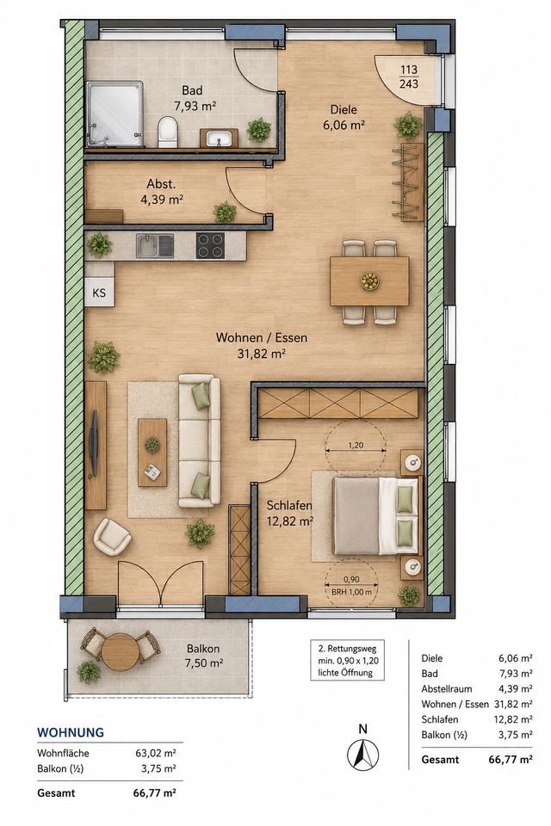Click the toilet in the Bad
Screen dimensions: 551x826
[x=168, y=133]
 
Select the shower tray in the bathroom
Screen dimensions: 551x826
[x=115, y=114]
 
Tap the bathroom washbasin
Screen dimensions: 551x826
[x=219, y=139]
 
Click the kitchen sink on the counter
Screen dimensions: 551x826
[x=155, y=245]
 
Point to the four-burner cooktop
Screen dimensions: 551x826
[x=210, y=245]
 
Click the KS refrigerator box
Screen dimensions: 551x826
[x=99, y=293]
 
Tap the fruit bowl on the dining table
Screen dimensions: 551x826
[x=369, y=280]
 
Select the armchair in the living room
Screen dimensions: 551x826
[x=112, y=536]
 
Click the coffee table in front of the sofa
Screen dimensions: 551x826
[x=152, y=453]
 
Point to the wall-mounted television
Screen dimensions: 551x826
[x=94, y=444]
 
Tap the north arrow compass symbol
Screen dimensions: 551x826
[x=362, y=755]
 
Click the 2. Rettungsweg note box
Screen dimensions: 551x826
[x=347, y=660]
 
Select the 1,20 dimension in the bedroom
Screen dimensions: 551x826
[x=356, y=445]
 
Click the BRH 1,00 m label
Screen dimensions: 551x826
[x=351, y=592]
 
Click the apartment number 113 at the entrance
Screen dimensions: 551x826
[x=409, y=69]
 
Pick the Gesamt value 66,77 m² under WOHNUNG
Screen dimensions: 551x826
[x=156, y=792]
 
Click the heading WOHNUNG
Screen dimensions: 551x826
[x=70, y=733]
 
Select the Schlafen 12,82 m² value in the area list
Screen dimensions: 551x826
[x=515, y=719]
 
